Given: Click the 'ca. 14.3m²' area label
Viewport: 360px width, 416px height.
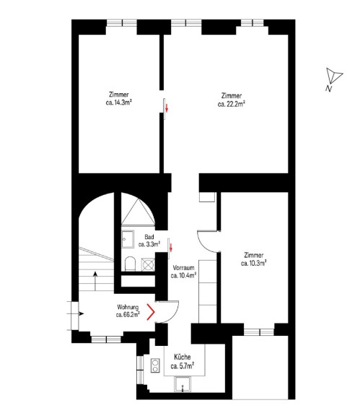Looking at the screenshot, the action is tap(119, 103).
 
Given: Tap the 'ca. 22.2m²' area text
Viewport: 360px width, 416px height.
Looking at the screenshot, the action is tap(232, 104).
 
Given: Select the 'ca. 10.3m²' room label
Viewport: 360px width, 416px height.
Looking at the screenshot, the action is tap(254, 263).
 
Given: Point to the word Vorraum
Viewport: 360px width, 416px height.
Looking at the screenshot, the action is tap(183, 267).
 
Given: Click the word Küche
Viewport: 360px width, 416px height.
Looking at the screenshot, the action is tap(182, 357).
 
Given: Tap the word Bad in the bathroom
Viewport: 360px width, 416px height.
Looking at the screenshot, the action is tap(149, 237).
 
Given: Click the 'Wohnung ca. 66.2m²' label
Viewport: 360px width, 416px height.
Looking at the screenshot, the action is tap(128, 311).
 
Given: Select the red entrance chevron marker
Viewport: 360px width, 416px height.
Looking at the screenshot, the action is tap(151, 312).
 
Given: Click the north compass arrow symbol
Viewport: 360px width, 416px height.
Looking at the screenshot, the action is tap(333, 76).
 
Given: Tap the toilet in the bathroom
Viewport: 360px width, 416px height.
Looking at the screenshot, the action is tap(130, 264).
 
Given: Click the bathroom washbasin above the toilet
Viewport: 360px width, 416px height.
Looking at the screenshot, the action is tap(128, 239).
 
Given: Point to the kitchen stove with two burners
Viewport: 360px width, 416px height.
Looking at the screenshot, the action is tap(155, 365).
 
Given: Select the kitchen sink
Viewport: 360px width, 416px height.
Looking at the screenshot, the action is tap(183, 384).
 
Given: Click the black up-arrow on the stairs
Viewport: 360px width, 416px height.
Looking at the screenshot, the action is tap(95, 281).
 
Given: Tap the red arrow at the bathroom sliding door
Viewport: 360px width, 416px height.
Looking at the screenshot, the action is tap(171, 248).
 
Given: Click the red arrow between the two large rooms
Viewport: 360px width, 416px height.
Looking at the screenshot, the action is tap(167, 108).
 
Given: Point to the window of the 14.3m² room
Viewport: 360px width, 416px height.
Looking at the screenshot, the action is tap(122, 23).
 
